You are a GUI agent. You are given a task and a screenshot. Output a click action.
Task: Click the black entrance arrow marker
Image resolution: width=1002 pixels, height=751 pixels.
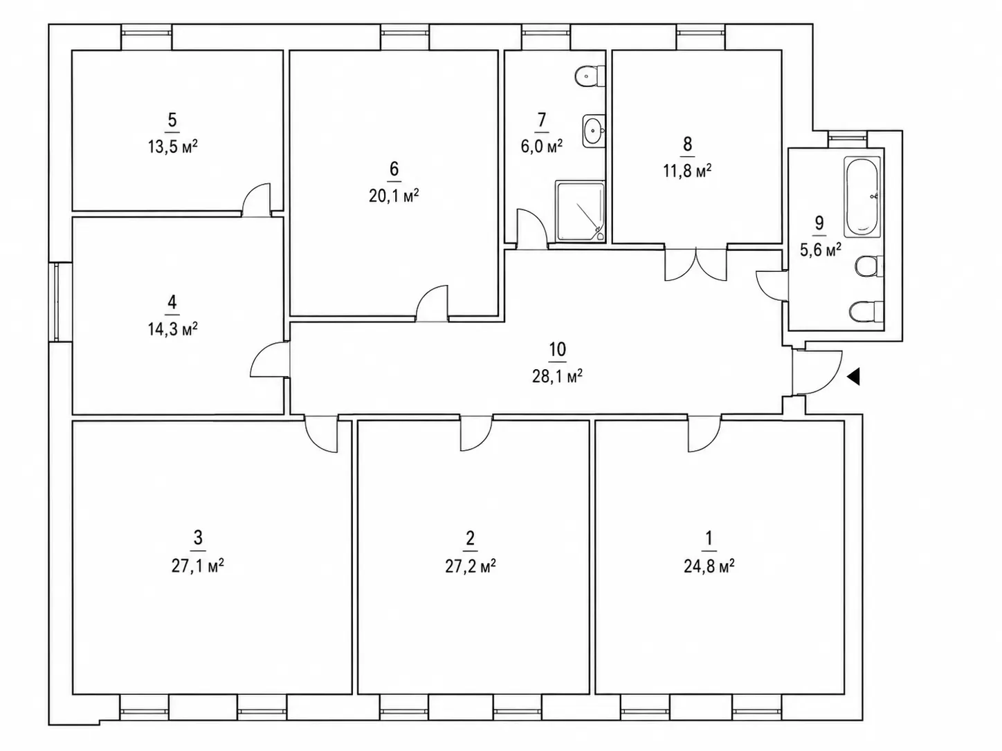coord(854,376)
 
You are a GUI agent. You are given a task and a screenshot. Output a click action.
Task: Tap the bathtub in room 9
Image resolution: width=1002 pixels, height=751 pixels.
coord(862,197)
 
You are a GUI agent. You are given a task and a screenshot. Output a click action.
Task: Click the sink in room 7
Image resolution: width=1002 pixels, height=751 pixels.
coord(594,131)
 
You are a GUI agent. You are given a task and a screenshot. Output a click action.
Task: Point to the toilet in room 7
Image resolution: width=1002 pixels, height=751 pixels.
coord(590,76)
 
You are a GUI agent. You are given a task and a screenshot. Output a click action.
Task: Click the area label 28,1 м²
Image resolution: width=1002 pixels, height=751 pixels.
coord(557,377)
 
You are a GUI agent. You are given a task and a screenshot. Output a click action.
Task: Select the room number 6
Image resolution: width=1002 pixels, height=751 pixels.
coord(394,169)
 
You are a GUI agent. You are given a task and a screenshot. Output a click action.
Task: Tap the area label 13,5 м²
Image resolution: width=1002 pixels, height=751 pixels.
coord(172,147)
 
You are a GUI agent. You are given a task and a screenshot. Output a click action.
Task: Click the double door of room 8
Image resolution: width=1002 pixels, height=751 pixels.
coord(695,264)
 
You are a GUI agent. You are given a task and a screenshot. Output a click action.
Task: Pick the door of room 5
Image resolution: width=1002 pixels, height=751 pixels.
coord(256,200)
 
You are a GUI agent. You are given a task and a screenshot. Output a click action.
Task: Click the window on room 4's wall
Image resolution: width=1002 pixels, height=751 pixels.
coord(57,302)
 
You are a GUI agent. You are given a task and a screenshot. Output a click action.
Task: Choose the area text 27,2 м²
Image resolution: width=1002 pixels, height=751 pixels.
coord(471,566)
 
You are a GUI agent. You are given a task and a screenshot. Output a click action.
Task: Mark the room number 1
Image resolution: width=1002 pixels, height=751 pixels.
coord(709,538)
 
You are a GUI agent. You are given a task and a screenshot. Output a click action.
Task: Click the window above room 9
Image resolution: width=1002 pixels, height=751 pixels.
coord(848,136)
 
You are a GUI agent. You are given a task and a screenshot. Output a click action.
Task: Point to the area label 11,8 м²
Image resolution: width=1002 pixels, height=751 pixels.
coord(687,171)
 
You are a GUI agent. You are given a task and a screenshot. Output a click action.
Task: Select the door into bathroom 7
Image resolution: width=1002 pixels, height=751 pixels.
coord(532,229)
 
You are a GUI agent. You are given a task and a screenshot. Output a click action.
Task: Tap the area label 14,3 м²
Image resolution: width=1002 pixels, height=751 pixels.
coord(172,328)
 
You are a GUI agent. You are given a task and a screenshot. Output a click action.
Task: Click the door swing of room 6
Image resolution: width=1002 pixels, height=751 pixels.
coord(432,304)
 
